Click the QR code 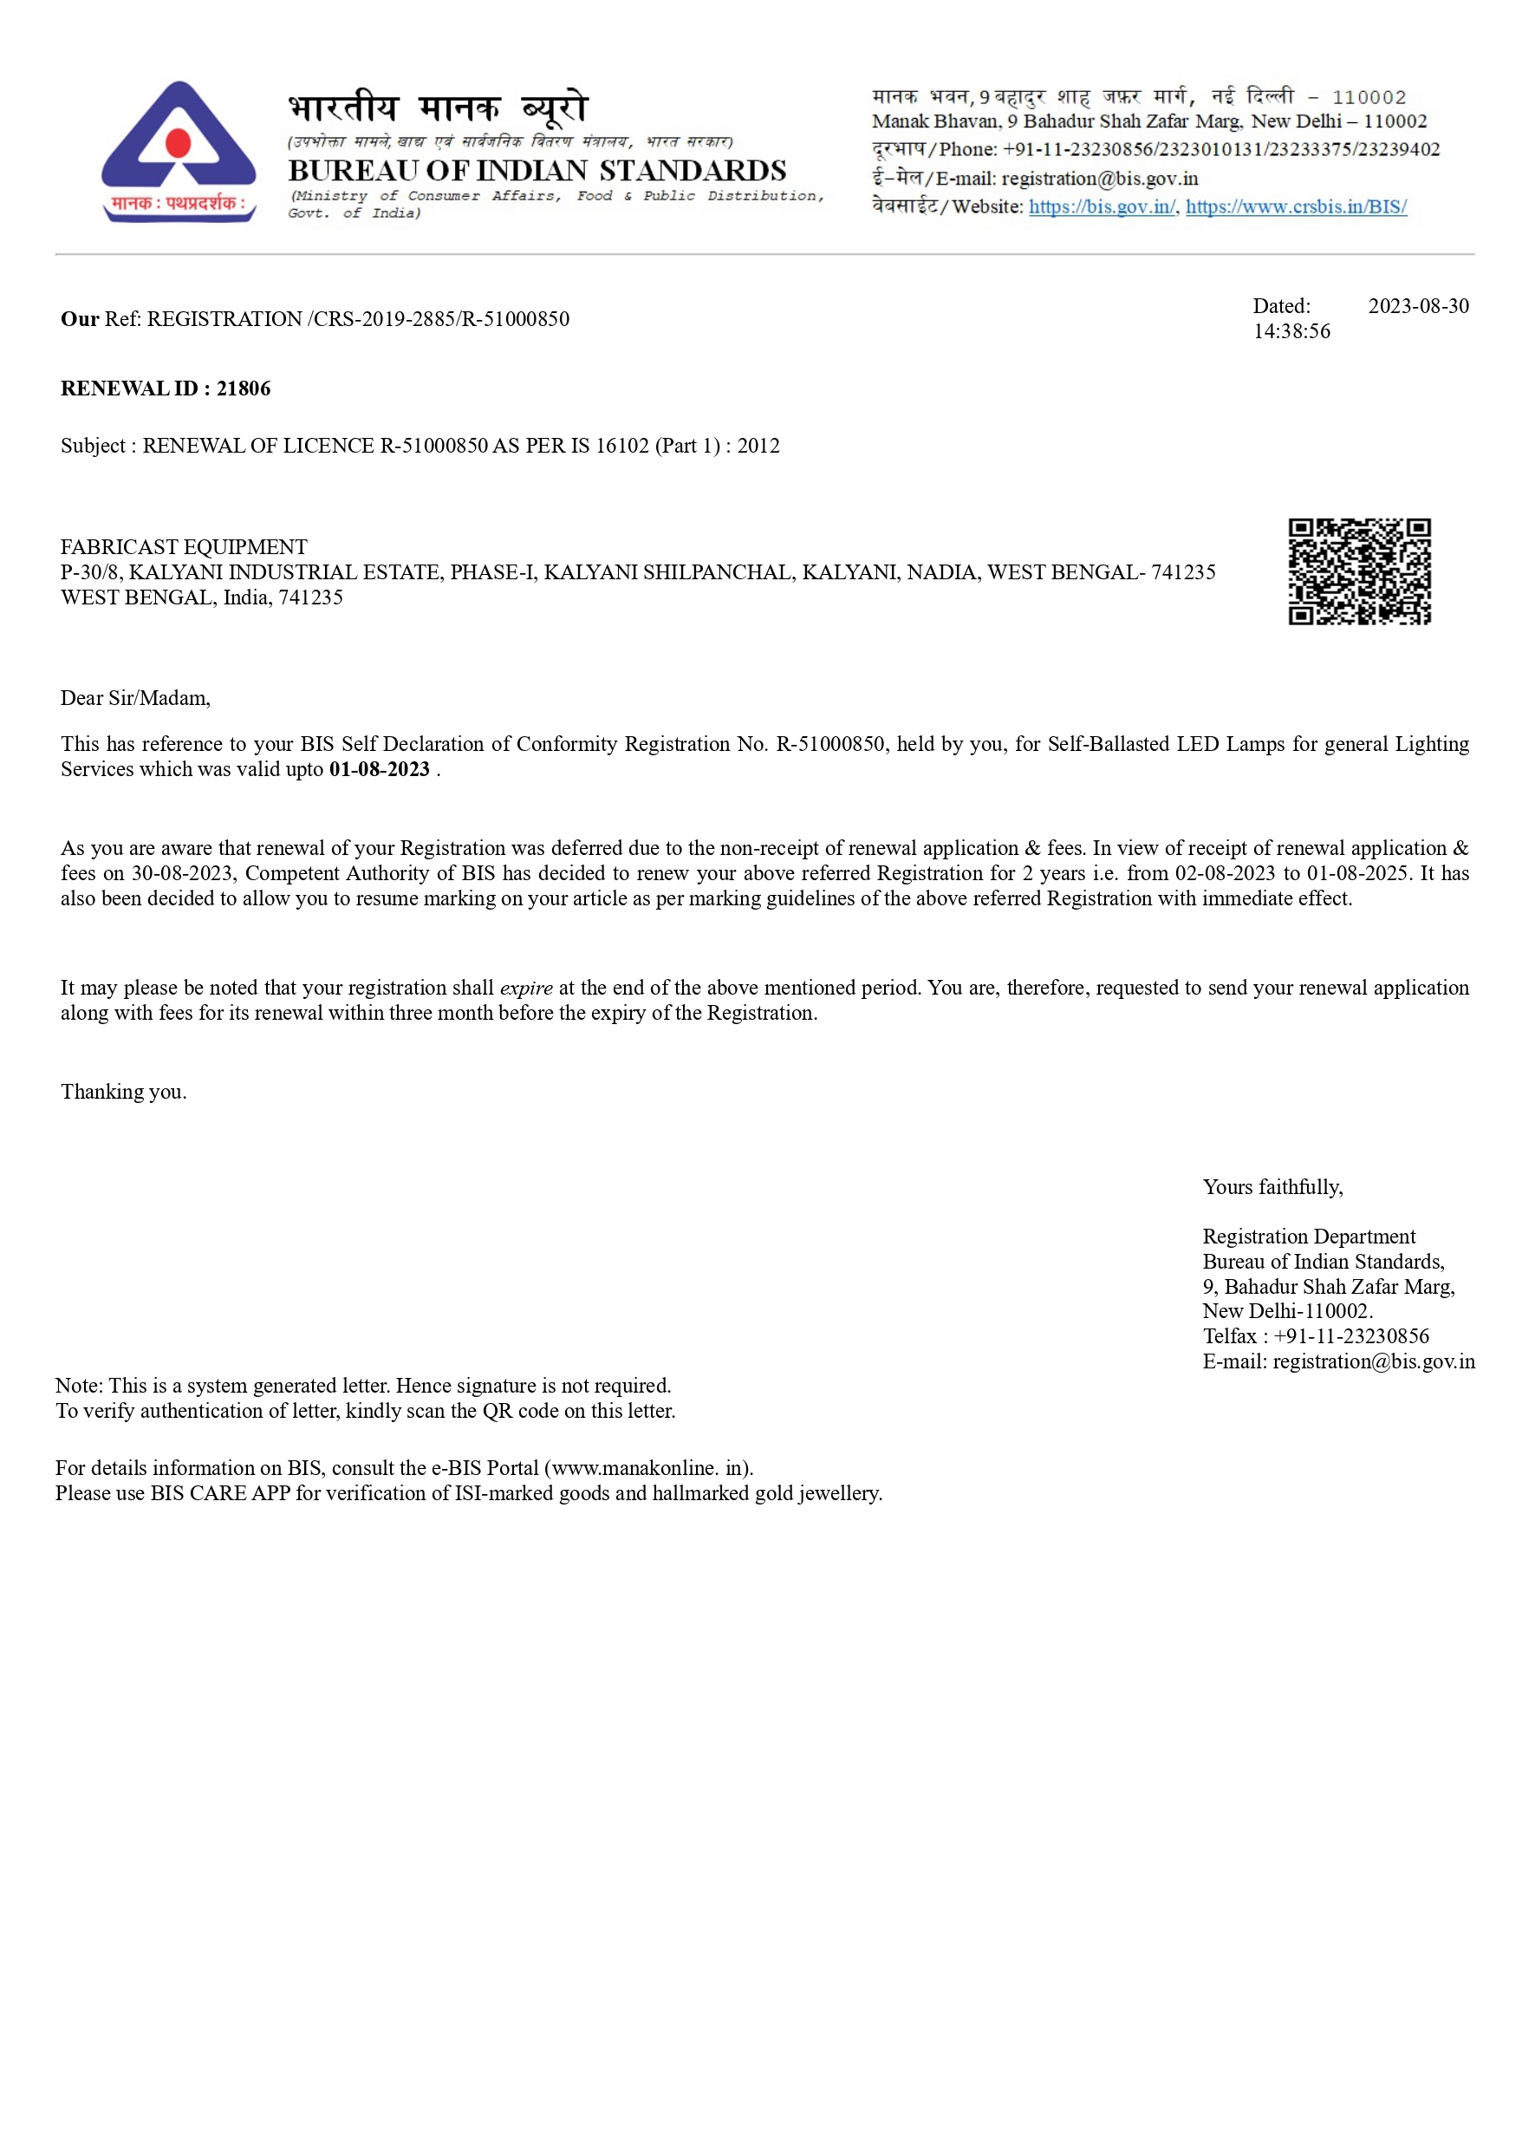[x=1359, y=571]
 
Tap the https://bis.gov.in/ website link [x=1102, y=206]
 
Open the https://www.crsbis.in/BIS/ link [x=1296, y=206]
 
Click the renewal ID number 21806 [x=243, y=388]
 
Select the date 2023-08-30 [x=1418, y=306]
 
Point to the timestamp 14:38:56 [x=1291, y=331]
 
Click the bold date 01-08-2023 [x=379, y=769]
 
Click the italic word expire [x=526, y=988]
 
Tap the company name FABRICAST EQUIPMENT [x=184, y=547]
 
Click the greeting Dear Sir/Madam [x=135, y=698]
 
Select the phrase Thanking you [x=124, y=1092]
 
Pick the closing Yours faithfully [x=1272, y=1187]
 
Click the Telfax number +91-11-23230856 [x=1350, y=1336]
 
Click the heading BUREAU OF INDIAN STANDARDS [x=537, y=171]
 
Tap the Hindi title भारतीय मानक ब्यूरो [x=438, y=108]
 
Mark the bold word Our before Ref [x=80, y=319]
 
